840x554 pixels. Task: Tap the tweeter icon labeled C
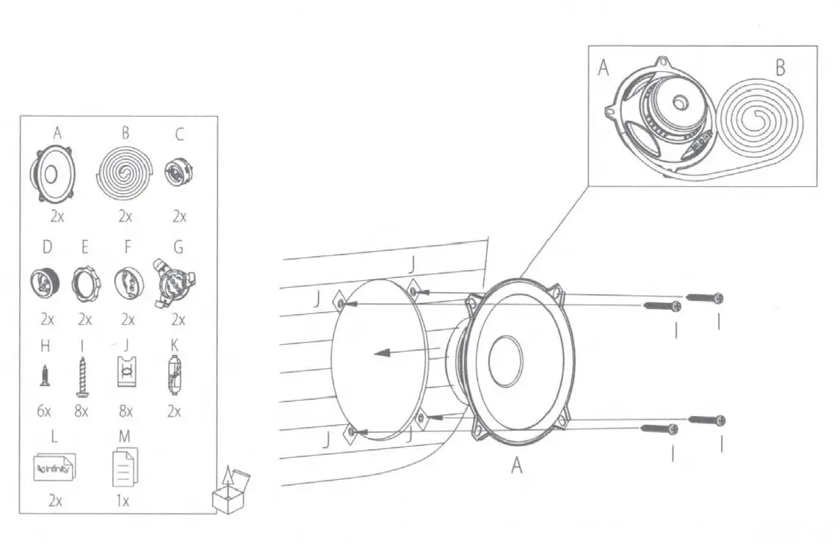point(178,172)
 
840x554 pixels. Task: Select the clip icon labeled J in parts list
point(126,374)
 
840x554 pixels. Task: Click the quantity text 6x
point(44,411)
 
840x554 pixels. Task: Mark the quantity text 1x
point(123,502)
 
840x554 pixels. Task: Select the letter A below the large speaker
point(517,466)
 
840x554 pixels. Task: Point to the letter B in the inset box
point(780,68)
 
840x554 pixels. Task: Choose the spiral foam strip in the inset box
point(759,121)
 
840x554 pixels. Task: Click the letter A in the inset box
point(604,68)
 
